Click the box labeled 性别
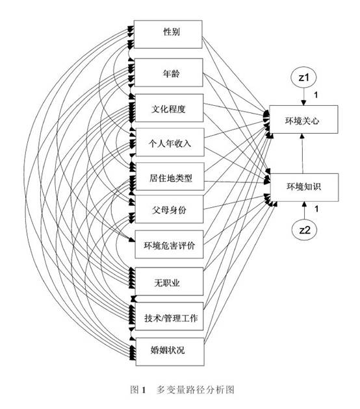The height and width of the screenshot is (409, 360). (x=168, y=34)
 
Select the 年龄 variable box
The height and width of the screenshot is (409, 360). (x=169, y=73)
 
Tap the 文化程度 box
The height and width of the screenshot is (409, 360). (x=169, y=108)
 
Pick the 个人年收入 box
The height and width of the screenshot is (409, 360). (x=170, y=142)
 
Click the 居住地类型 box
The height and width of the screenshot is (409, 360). (x=170, y=177)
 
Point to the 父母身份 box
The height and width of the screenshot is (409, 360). (x=169, y=209)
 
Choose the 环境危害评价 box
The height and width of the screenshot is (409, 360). (x=169, y=244)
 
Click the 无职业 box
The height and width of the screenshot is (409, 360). (x=169, y=282)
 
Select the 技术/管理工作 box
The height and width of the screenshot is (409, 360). (x=170, y=316)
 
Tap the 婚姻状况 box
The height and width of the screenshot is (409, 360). (x=170, y=352)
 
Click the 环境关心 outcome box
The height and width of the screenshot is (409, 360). (x=303, y=119)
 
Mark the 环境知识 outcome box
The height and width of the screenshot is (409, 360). (x=304, y=187)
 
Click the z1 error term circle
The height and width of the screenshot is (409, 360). (x=303, y=77)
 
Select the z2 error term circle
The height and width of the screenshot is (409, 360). (x=304, y=230)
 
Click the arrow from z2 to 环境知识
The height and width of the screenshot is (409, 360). (x=304, y=210)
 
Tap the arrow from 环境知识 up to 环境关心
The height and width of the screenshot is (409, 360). (x=303, y=153)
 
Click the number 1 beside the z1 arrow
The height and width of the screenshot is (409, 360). (x=316, y=95)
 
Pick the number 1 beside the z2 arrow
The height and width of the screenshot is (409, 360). (x=316, y=209)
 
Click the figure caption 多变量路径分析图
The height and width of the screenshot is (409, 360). (x=196, y=390)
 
